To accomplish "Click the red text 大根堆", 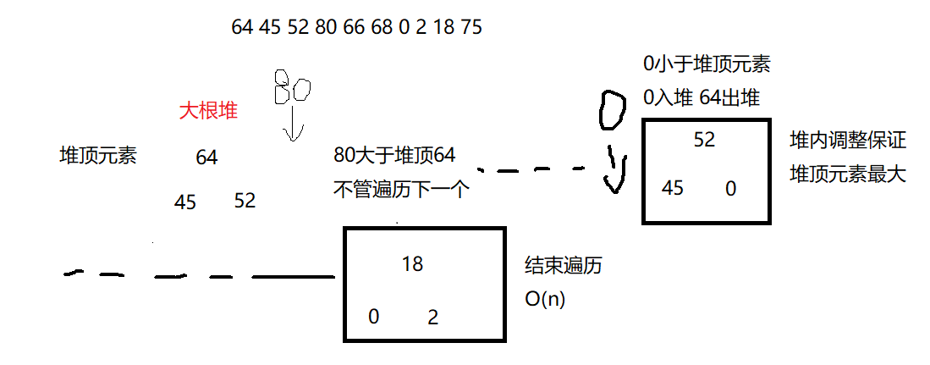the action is [207, 111].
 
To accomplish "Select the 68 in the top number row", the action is [382, 27].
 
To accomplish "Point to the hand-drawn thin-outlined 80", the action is [292, 86].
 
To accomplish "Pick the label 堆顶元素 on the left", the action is [97, 156].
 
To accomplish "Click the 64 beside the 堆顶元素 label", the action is [206, 158].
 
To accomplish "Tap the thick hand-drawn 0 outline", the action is [612, 110].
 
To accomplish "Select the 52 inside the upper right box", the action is [705, 141].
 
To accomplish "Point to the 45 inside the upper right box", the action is [673, 188].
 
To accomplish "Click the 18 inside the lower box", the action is [413, 264].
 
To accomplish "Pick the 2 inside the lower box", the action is [433, 318].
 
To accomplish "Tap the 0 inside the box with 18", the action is [373, 318].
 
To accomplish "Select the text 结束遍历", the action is [564, 265].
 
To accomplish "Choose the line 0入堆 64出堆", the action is [702, 97].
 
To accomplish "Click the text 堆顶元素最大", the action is [847, 174].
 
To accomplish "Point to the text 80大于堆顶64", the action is [395, 155].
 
